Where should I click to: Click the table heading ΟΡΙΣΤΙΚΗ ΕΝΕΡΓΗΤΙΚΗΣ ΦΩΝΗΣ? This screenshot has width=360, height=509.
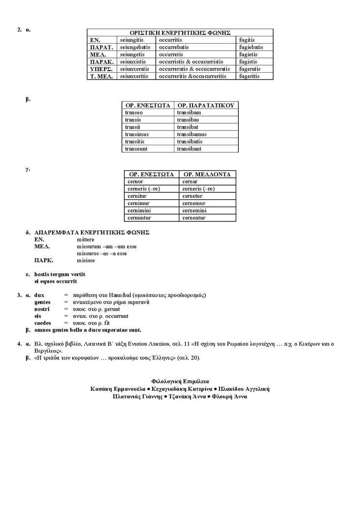[180, 32]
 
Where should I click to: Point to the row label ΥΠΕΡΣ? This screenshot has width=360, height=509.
[101, 69]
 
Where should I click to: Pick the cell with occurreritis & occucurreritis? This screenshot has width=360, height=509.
[193, 77]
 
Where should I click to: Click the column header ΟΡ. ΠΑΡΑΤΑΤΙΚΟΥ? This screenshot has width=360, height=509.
[206, 106]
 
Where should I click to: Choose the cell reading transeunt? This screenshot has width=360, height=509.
[137, 149]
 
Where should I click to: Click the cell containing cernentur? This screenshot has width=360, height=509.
[194, 218]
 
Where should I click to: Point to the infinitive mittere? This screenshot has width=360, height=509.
[85, 240]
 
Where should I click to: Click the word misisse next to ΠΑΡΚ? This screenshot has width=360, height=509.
[86, 260]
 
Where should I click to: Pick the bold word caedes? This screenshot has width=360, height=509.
[43, 323]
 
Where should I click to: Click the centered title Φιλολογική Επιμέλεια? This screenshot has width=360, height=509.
[180, 381]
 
